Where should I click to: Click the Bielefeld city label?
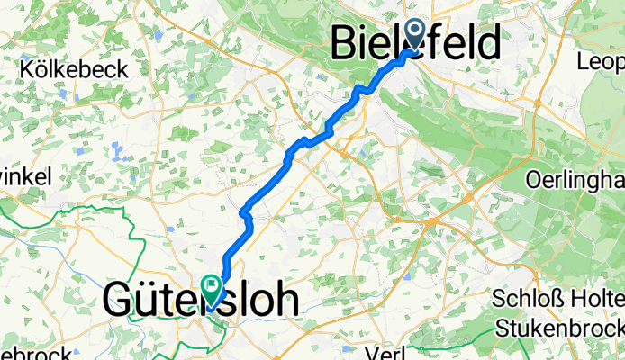[x=416, y=43]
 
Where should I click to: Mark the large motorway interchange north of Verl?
[x=432, y=220]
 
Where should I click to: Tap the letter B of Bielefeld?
[x=345, y=43]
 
